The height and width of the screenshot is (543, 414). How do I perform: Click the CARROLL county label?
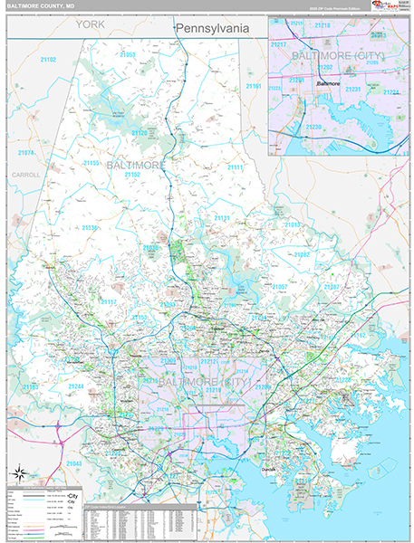26,174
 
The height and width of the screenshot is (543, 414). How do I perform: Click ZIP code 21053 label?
127,55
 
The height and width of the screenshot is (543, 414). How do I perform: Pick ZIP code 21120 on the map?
139,133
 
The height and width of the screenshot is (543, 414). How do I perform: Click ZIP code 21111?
236,167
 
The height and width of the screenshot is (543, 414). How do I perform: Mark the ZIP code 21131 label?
221,219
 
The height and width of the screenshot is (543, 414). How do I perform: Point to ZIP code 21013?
293,224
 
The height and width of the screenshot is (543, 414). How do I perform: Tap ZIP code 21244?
75,386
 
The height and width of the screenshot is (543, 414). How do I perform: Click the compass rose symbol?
18,472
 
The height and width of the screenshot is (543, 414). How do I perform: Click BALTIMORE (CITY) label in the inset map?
337,56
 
